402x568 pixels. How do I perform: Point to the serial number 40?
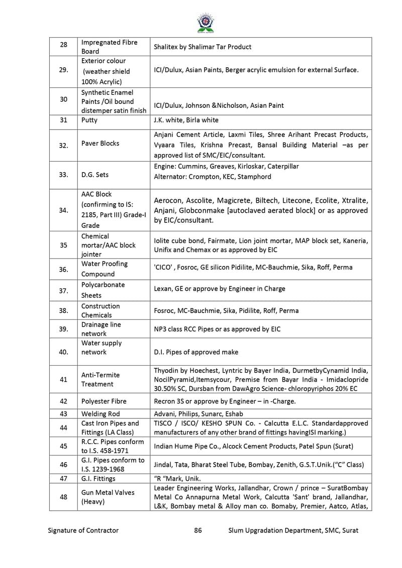(x=63, y=352)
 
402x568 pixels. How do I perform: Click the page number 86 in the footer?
(x=198, y=530)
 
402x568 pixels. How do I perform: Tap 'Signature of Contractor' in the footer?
(x=83, y=530)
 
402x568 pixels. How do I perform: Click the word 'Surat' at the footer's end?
(x=350, y=530)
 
